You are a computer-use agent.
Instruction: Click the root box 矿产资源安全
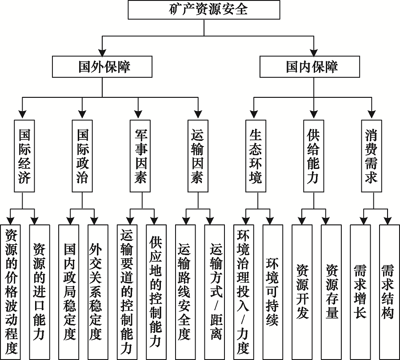[204, 10]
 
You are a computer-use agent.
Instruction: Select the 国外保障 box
[102, 67]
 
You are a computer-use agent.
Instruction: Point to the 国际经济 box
[24, 156]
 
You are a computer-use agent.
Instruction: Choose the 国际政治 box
[83, 156]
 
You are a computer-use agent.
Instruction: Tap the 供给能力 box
[313, 156]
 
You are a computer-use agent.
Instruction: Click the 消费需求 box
[371, 156]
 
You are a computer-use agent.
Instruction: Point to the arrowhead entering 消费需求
[371, 115]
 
